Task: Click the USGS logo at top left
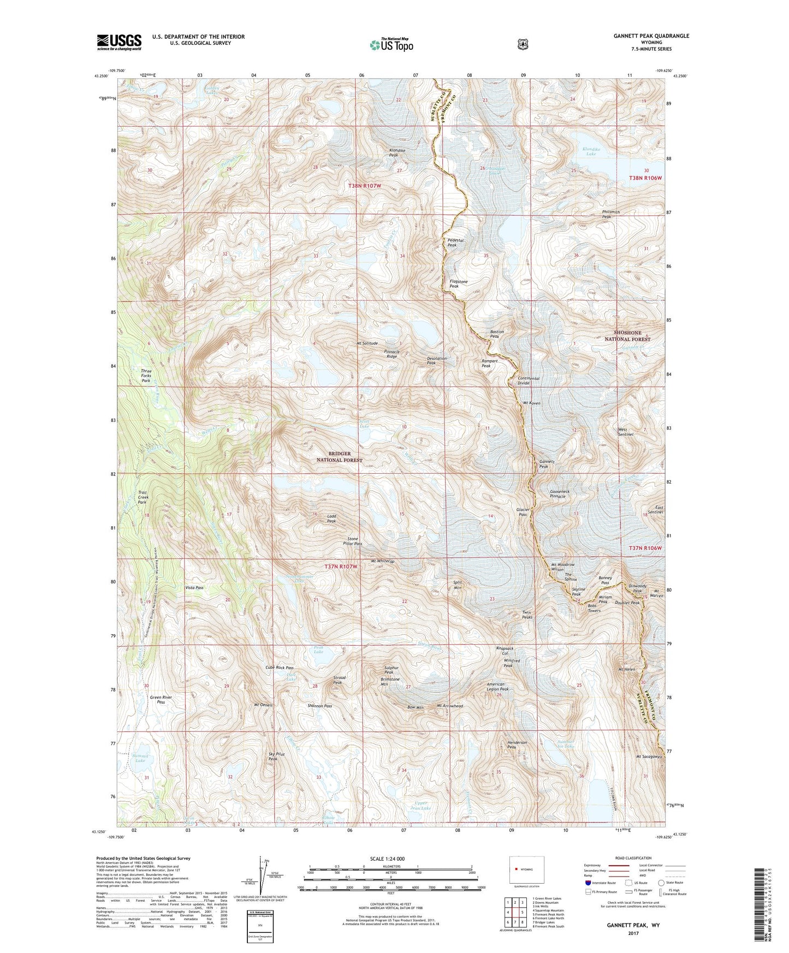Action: pos(119,42)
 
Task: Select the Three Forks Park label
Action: pos(146,376)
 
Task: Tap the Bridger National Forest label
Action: pos(340,457)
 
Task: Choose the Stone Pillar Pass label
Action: pos(352,540)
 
